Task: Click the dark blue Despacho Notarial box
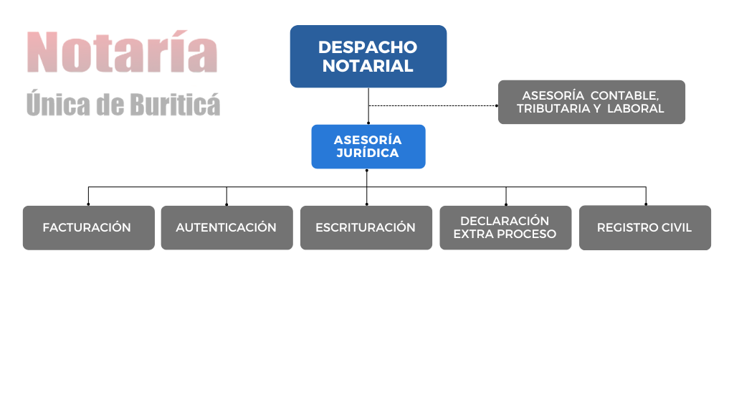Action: tap(368, 56)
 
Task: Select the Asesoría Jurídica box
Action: tap(368, 146)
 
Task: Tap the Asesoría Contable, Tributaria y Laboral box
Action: tap(591, 102)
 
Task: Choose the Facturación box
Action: tap(88, 227)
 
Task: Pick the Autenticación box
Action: tap(227, 227)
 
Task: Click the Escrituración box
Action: tap(366, 227)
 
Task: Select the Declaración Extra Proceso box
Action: tap(505, 227)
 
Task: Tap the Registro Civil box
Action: tap(645, 227)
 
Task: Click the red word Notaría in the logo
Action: tap(122, 52)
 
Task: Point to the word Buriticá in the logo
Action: tap(175, 104)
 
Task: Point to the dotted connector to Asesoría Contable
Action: tap(433, 106)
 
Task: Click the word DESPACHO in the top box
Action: tap(368, 47)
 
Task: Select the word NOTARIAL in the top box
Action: tap(368, 66)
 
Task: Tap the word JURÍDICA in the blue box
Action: tap(368, 153)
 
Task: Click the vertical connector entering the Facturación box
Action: tap(88, 196)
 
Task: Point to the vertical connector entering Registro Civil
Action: tap(646, 196)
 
